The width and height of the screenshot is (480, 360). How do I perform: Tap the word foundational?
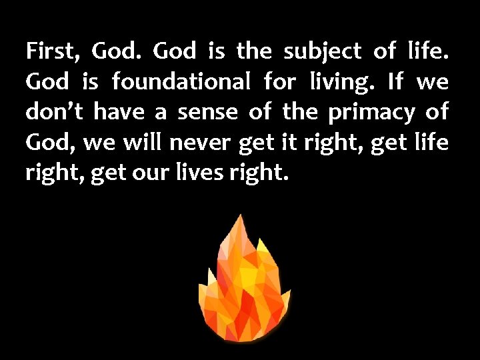click(181, 82)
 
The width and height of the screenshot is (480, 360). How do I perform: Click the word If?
click(395, 81)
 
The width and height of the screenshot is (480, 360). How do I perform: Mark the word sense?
click(207, 113)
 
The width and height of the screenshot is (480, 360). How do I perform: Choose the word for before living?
click(280, 82)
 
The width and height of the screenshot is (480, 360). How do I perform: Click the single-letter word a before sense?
click(161, 113)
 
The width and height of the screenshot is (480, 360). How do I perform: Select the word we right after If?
click(433, 83)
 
